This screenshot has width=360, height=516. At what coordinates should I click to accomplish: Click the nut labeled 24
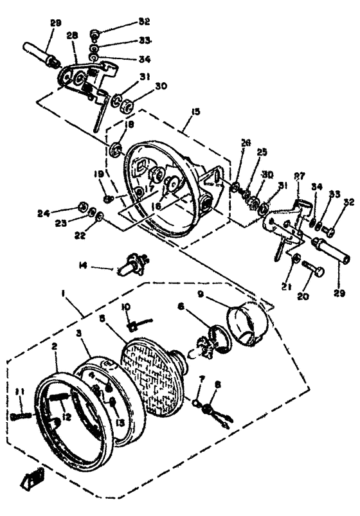click(x=82, y=206)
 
